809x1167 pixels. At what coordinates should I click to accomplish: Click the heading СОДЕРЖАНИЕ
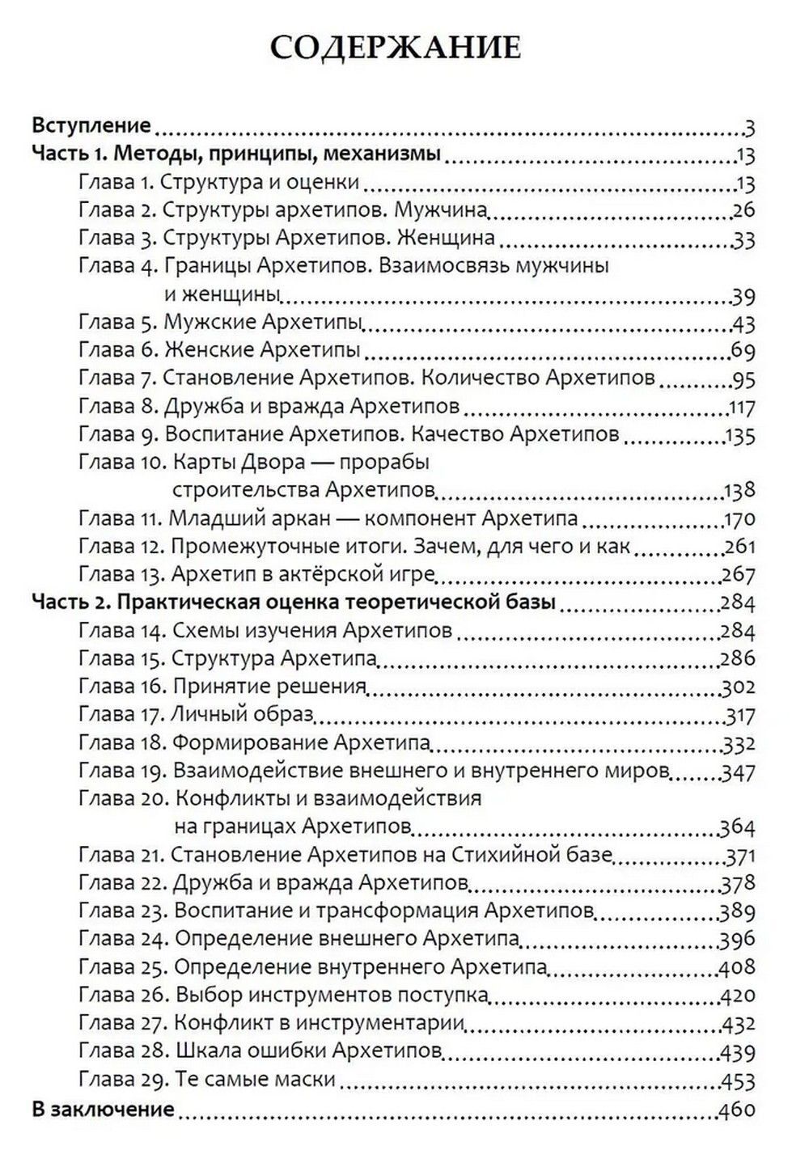pos(396,48)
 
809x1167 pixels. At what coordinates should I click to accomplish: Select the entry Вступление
pos(91,125)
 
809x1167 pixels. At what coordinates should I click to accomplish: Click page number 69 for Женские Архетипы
pos(743,351)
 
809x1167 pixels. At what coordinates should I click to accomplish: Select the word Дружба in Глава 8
pos(202,406)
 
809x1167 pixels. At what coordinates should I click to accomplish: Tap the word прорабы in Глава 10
pos(385,463)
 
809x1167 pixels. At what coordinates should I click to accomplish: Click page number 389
pos(737,911)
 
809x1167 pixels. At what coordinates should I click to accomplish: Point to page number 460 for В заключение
pos(737,1109)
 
